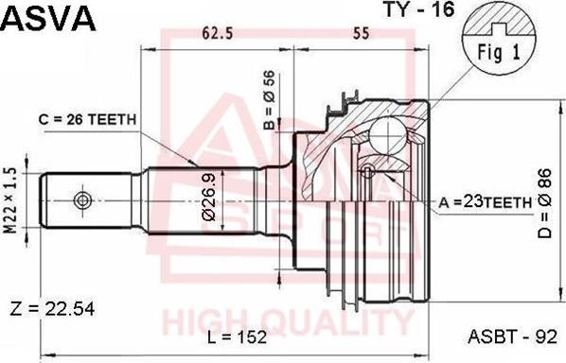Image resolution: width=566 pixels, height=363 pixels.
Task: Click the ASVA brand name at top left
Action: (x=49, y=17)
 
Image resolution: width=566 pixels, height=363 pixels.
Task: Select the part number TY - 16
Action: (x=418, y=9)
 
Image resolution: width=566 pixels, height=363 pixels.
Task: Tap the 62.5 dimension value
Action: (x=218, y=33)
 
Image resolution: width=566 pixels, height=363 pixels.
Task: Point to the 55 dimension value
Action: (x=362, y=33)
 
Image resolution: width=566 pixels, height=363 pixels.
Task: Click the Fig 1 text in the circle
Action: (x=499, y=53)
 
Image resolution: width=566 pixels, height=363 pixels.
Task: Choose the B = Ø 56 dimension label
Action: (x=270, y=100)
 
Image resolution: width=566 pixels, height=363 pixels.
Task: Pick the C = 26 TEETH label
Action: (x=87, y=119)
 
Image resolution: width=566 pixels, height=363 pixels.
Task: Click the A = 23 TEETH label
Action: (x=486, y=203)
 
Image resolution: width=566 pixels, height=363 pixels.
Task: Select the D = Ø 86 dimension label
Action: (x=545, y=203)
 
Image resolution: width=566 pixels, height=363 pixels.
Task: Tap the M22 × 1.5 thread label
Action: (x=10, y=200)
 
